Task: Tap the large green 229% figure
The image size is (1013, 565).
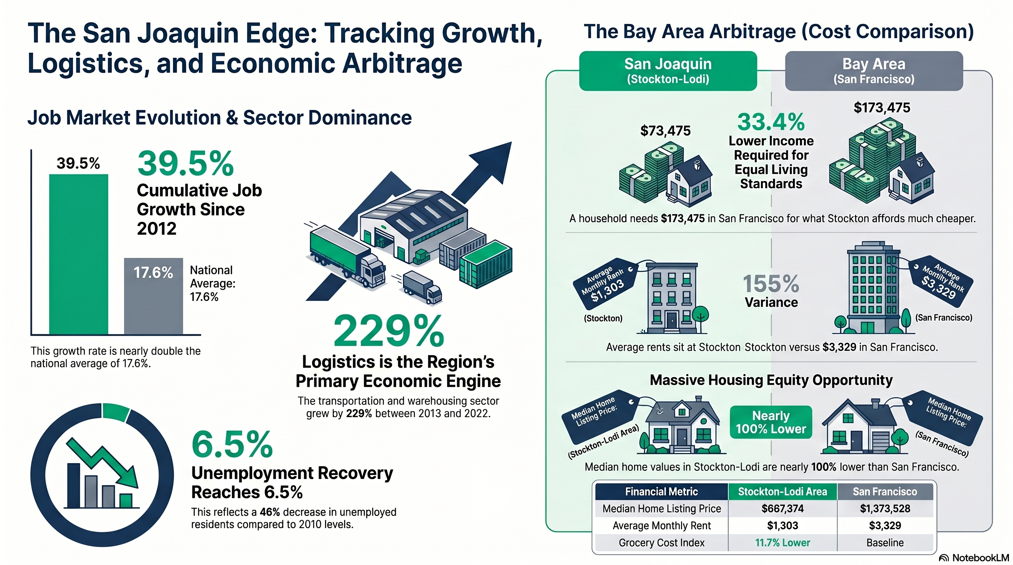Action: click(x=389, y=331)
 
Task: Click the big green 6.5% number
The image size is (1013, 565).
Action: click(x=232, y=444)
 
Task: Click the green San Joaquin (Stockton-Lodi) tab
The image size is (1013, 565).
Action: click(x=668, y=71)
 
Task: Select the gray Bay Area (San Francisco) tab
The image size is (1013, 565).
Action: click(x=874, y=71)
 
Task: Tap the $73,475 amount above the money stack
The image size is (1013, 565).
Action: click(x=665, y=131)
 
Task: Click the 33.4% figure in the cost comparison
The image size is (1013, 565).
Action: click(x=771, y=122)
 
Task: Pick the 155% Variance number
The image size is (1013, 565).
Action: click(x=771, y=284)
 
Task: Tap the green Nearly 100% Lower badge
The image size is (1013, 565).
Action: click(x=771, y=422)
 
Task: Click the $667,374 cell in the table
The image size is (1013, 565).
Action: click(x=782, y=508)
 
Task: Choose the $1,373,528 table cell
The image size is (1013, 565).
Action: click(x=885, y=508)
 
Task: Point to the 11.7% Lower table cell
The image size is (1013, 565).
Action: click(x=782, y=543)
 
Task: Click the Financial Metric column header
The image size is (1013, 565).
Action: click(x=661, y=491)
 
